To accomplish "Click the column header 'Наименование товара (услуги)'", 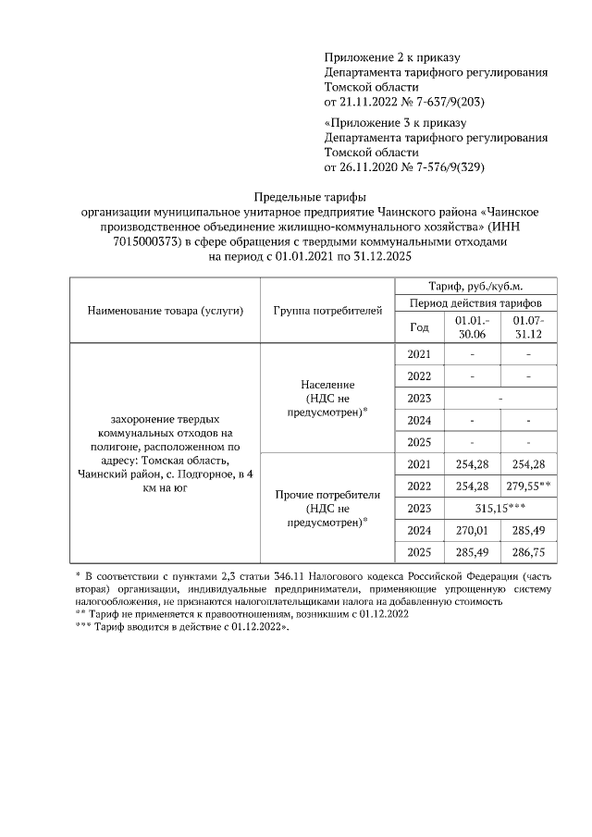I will (166, 310).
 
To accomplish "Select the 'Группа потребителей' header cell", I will (327, 310).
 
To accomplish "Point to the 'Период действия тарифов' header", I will (476, 303).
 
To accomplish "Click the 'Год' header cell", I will (419, 326).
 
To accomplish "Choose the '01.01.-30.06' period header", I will (472, 326).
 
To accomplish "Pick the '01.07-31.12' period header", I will (527, 326).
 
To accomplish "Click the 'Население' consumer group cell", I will (327, 398).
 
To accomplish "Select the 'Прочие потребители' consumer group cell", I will (327, 508).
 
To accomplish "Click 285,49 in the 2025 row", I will (472, 553).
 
